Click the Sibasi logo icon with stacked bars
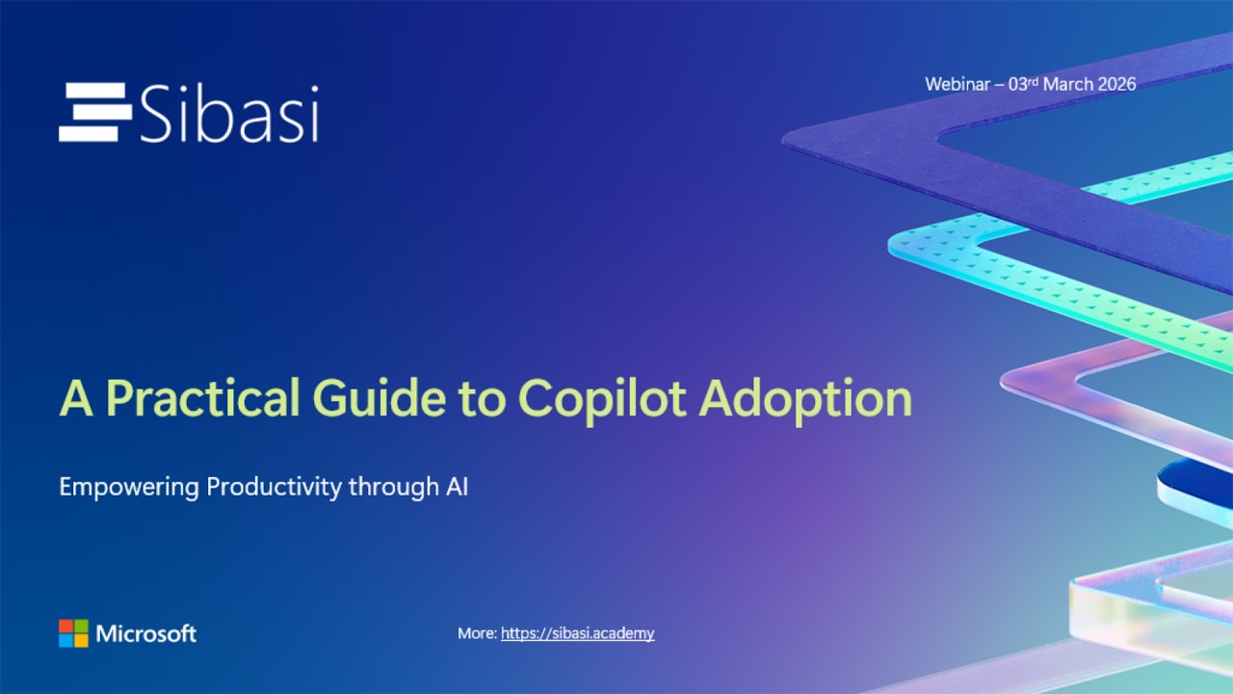click(94, 113)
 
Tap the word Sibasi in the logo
click(229, 114)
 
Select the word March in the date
click(1068, 84)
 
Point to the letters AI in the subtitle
click(457, 487)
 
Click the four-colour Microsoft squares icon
click(73, 633)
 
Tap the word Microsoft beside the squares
click(146, 633)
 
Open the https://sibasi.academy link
click(577, 633)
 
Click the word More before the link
click(476, 633)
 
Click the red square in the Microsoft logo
click(66, 627)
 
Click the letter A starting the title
click(77, 398)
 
